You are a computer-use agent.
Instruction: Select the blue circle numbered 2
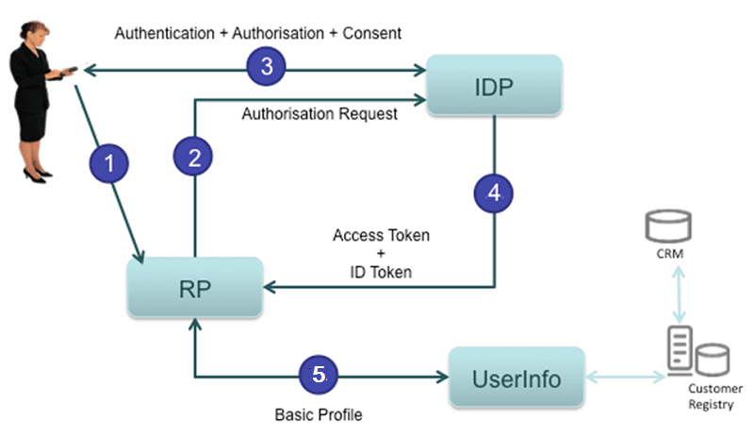(x=194, y=158)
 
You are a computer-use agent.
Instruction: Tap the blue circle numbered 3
(x=266, y=67)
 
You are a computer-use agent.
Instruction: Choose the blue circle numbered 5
(x=319, y=375)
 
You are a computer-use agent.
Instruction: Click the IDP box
(x=495, y=86)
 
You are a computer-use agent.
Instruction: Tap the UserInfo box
(x=516, y=378)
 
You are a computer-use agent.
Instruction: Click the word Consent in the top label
(x=375, y=33)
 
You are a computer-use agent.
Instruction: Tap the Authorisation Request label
(x=320, y=114)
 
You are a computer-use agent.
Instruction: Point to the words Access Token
(x=381, y=236)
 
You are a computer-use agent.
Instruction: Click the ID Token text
(x=382, y=272)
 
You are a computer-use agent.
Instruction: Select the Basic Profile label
(x=318, y=414)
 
